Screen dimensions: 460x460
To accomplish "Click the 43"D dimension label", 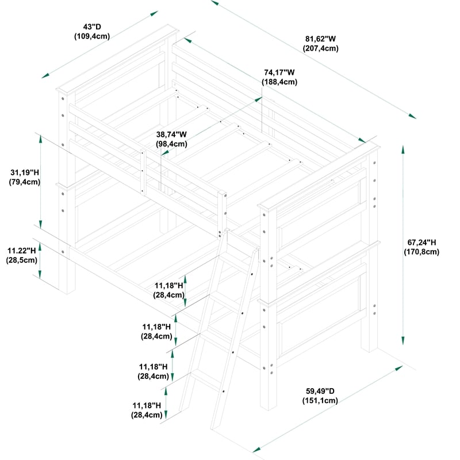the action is tap(92, 27).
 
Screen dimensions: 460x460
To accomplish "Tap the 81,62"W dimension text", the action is tap(320, 39).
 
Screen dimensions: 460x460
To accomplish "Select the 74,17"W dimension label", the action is tap(279, 72).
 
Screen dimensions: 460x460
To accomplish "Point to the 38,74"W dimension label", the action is tap(171, 135).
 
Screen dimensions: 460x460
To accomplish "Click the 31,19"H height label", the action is tap(25, 172).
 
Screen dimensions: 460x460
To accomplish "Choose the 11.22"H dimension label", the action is tap(22, 251).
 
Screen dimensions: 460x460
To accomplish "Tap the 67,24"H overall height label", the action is tap(421, 242).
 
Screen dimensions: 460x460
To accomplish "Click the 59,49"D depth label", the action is tap(320, 391).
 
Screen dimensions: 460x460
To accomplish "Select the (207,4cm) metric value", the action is tap(321, 48).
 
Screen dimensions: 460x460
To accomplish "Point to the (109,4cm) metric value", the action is tap(92, 36).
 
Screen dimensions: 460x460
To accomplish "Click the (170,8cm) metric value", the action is tap(421, 252).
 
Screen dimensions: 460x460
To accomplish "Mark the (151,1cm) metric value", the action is tap(320, 401).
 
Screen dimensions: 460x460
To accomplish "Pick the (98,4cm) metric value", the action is tap(171, 144).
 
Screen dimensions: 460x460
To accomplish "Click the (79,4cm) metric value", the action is tap(25, 182).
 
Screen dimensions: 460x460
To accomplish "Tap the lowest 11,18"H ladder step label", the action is tap(147, 405).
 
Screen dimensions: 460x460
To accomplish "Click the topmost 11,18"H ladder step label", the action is tap(169, 285).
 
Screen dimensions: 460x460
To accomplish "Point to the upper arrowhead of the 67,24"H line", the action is tap(403, 149).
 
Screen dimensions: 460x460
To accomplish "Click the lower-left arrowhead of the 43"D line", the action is tap(45, 76).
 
